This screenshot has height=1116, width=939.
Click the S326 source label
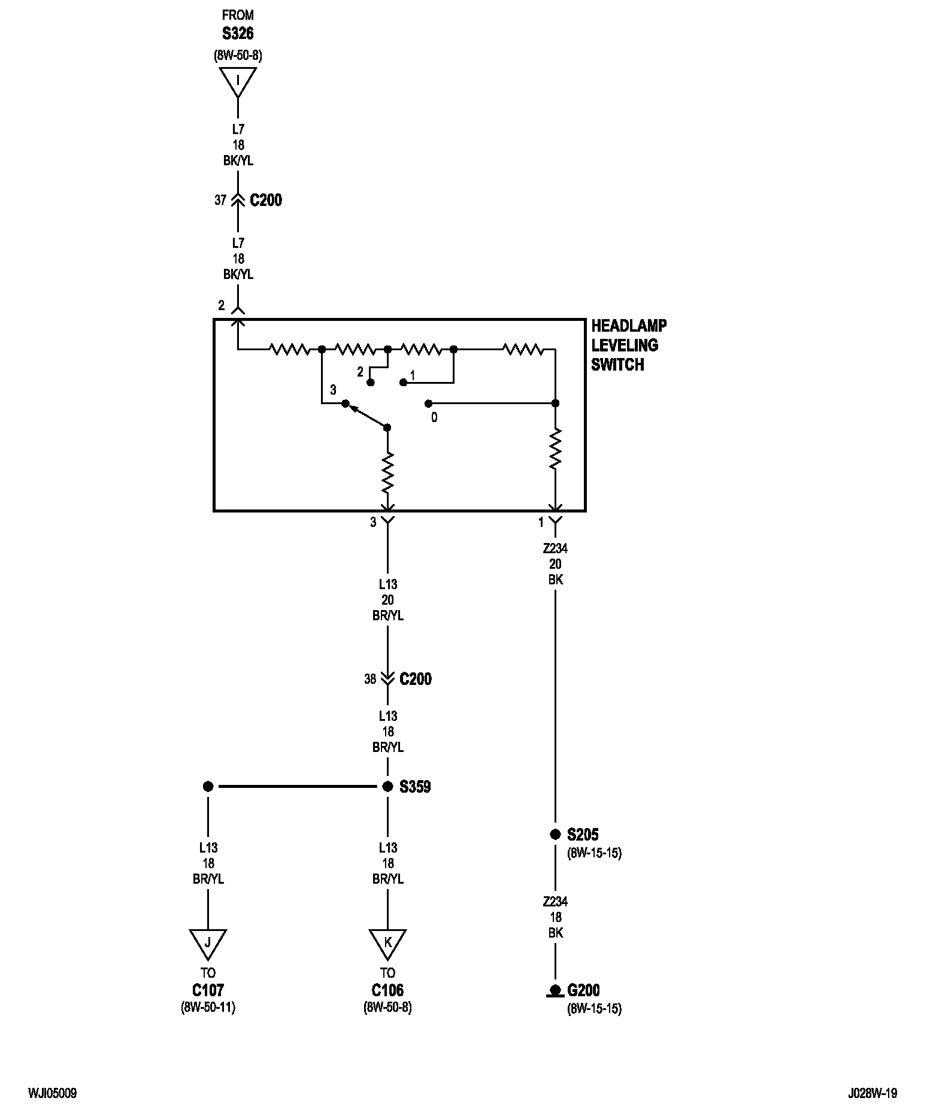[x=238, y=34]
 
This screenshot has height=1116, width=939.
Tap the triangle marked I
[x=238, y=81]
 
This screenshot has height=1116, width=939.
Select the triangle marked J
[x=208, y=944]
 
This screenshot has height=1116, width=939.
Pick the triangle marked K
[x=387, y=944]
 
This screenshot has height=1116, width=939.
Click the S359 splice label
[x=415, y=787]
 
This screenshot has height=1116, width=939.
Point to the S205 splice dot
[x=555, y=835]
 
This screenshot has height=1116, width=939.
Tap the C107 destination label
[x=208, y=990]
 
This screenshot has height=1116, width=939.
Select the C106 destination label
[x=387, y=990]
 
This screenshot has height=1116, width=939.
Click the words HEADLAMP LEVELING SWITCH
[x=629, y=345]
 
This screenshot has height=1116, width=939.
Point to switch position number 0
[x=434, y=418]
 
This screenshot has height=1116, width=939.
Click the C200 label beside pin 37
[x=266, y=200]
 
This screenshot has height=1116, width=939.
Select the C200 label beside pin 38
[x=416, y=679]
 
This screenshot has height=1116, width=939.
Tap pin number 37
[x=220, y=200]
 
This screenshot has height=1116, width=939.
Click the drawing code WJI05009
[x=52, y=1093]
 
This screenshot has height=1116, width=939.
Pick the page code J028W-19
[x=873, y=1093]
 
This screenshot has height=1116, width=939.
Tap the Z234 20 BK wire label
[x=555, y=564]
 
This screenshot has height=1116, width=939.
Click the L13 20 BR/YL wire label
[x=387, y=600]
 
